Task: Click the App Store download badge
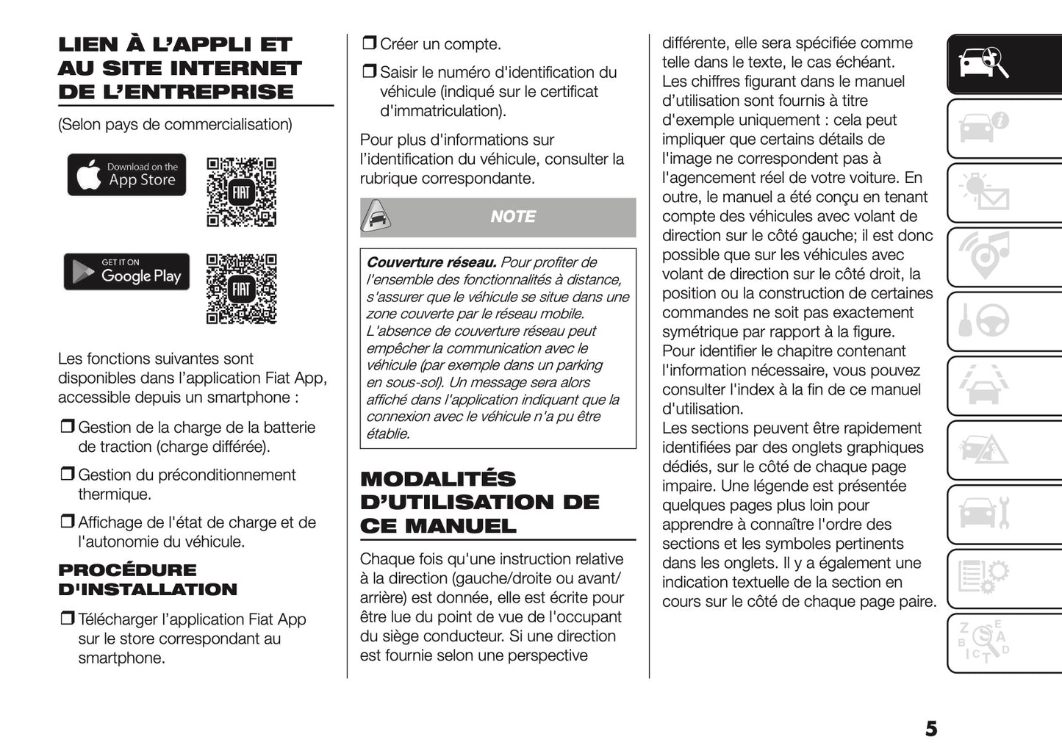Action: tap(126, 175)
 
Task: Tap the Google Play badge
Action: tap(126, 272)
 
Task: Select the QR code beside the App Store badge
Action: tap(241, 192)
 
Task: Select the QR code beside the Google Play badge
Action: tap(241, 289)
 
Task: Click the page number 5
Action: tap(930, 729)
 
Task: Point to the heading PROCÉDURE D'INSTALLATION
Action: tap(147, 580)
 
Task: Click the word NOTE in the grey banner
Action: tap(513, 217)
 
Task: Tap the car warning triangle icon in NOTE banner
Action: tap(376, 217)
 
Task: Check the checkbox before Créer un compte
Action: tap(369, 44)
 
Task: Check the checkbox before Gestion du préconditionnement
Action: tap(68, 475)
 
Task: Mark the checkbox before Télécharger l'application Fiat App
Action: tap(68, 619)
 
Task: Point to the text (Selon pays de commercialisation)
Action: tap(175, 125)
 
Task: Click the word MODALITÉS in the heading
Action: tap(438, 479)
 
